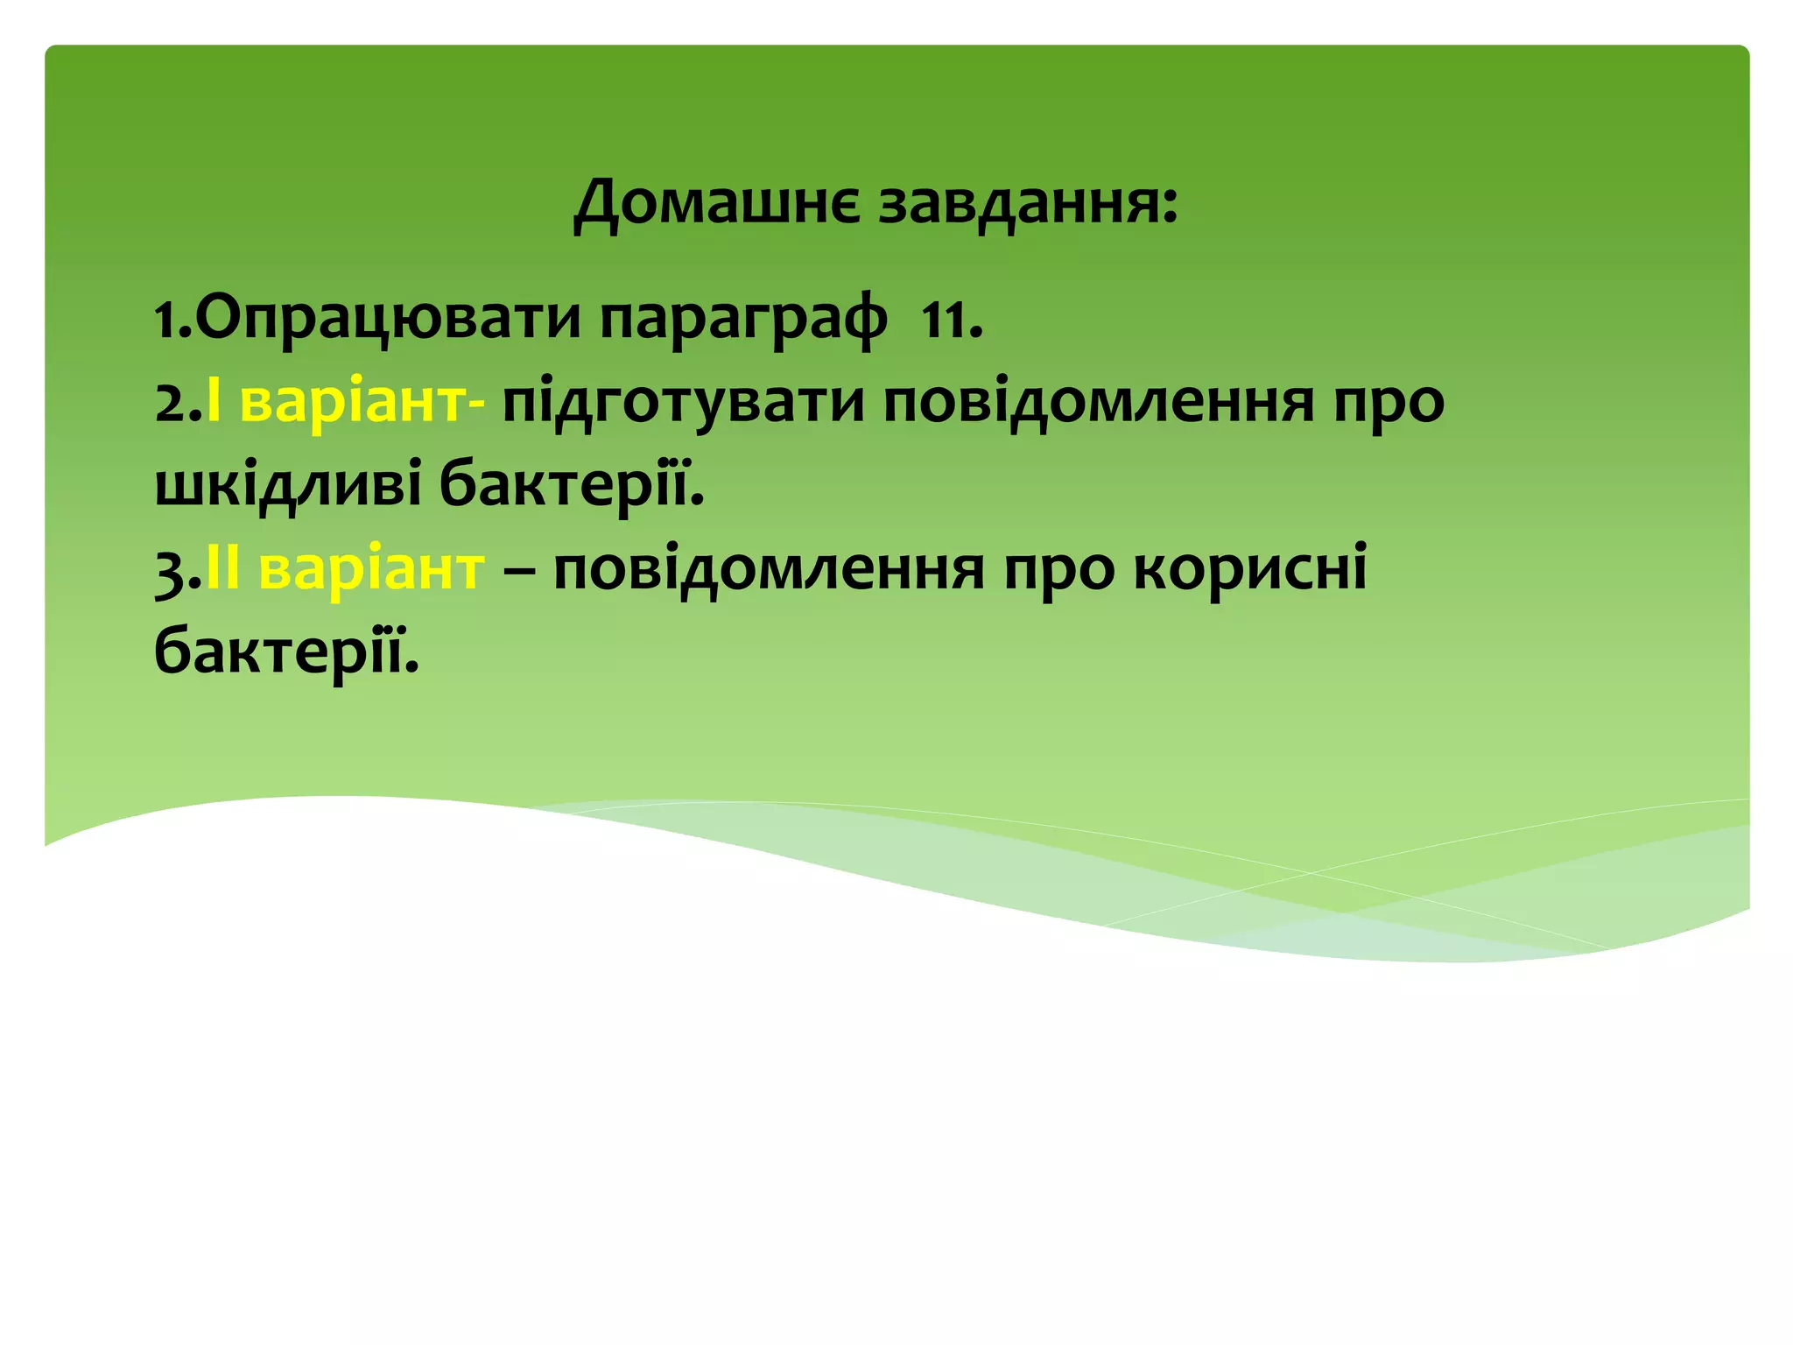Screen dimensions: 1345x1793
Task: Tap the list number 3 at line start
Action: tap(172, 572)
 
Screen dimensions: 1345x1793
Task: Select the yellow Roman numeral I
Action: tap(213, 403)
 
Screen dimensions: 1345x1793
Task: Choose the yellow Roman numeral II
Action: tap(222, 570)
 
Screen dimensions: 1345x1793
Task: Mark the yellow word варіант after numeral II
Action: tap(371, 570)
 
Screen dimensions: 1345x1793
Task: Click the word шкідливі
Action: tap(289, 486)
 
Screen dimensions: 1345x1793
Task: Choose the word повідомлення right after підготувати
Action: tap(1099, 403)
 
